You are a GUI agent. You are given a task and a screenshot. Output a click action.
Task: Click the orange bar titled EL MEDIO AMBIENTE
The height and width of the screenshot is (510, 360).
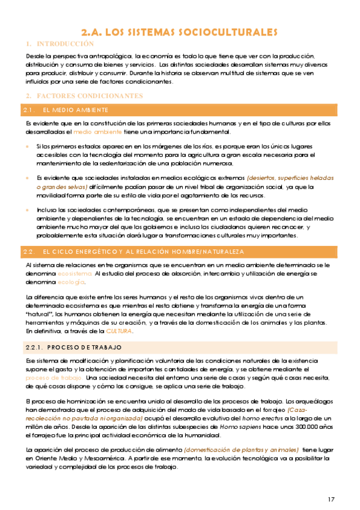click(x=75, y=110)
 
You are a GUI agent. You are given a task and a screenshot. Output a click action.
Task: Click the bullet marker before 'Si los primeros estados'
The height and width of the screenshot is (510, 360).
click(x=27, y=146)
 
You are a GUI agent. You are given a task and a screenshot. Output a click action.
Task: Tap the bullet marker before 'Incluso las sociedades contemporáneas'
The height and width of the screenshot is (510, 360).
click(x=27, y=210)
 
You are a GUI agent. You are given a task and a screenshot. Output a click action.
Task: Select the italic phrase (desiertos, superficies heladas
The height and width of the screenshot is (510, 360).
click(x=288, y=178)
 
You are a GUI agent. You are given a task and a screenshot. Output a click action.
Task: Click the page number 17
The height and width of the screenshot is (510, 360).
click(x=332, y=499)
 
